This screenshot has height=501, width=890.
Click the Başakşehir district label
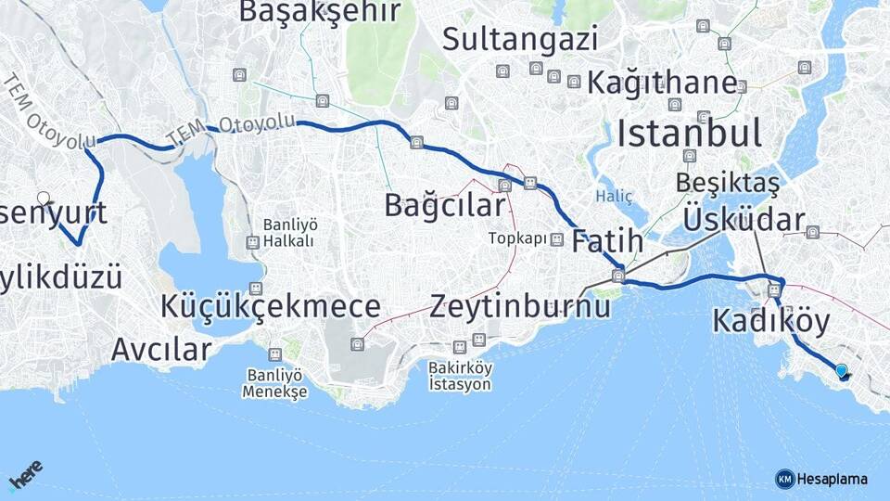pos(320,11)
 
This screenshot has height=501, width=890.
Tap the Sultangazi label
pos(519,39)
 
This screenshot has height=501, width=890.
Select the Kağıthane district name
pos(662,82)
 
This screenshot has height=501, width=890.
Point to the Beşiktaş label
pos(727,183)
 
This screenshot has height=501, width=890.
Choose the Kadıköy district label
pos(770,321)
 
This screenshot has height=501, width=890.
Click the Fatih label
pos(607,242)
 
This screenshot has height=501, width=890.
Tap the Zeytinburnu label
pos(519,306)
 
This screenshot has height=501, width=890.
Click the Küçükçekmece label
pos(270,306)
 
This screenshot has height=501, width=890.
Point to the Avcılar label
pos(160,350)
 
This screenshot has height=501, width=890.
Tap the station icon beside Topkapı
pos(556,239)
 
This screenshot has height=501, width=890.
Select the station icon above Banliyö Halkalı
pos(252,242)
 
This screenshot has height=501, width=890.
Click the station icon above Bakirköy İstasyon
pos(478,340)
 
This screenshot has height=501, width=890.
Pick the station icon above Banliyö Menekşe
pos(274,354)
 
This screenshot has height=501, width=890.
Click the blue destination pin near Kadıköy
pos(841,371)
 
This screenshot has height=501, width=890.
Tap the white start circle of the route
pos(44,198)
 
